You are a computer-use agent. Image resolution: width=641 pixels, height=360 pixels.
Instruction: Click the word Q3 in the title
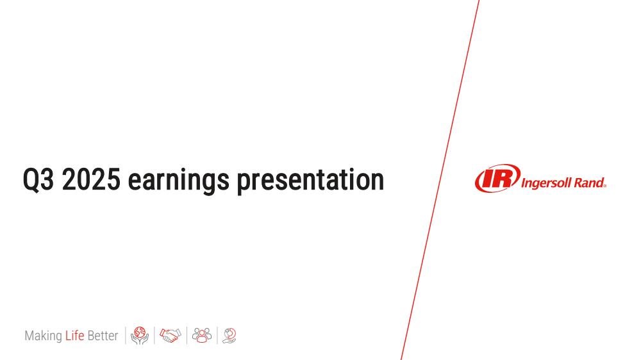click(38, 179)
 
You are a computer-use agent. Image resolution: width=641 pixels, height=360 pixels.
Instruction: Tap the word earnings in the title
click(179, 181)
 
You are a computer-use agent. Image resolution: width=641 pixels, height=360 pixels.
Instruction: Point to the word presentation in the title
click(311, 180)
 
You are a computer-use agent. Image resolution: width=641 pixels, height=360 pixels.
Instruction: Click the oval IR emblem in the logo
click(497, 178)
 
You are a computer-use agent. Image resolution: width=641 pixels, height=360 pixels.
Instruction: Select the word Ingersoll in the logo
click(546, 183)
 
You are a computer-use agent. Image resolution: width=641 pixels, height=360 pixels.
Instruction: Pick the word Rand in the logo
click(588, 183)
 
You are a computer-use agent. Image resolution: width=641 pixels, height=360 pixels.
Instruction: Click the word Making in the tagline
click(44, 336)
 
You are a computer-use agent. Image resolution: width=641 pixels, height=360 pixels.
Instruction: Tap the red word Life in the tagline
click(75, 336)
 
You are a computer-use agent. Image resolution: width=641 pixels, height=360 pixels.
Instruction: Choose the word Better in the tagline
click(103, 336)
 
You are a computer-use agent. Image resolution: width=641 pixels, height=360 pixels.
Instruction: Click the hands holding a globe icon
click(140, 336)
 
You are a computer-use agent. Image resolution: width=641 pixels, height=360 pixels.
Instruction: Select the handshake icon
click(171, 336)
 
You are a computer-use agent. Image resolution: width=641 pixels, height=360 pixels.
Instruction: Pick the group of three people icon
click(202, 335)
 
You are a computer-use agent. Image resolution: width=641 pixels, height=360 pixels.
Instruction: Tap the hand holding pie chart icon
click(229, 336)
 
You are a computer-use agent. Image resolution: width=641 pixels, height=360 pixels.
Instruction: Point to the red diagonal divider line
click(440, 180)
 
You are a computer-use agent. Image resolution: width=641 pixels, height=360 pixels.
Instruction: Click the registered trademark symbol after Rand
click(604, 186)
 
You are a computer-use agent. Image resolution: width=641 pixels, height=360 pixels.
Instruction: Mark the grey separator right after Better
click(126, 336)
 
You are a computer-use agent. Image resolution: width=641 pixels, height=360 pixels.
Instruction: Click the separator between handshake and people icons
click(187, 336)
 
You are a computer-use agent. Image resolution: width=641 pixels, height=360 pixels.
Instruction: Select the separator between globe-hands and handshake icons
click(154, 336)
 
